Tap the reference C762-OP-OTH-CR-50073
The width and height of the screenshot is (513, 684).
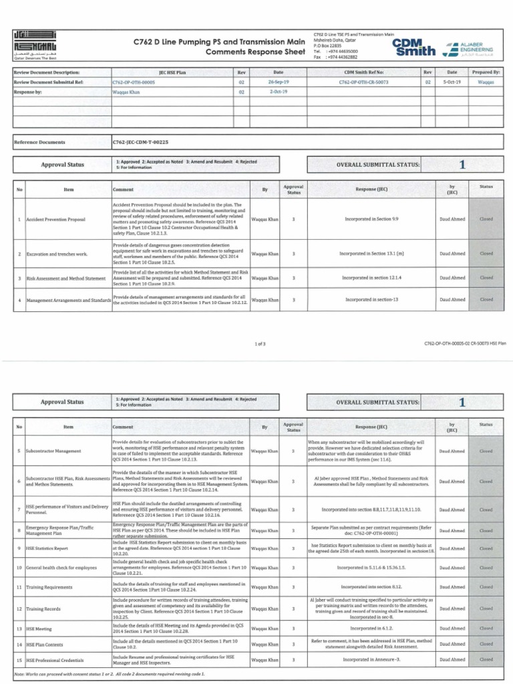pyautogui.click(x=363, y=82)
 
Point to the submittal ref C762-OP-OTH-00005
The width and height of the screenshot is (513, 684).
pyautogui.click(x=134, y=82)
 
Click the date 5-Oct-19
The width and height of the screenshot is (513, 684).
pyautogui.click(x=452, y=82)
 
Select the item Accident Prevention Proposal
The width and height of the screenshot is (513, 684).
pyautogui.click(x=55, y=219)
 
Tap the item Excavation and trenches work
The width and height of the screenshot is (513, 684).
pyautogui.click(x=57, y=254)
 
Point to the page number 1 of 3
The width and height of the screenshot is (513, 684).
pyautogui.click(x=261, y=344)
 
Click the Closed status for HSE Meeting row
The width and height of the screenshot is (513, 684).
pyautogui.click(x=486, y=629)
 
